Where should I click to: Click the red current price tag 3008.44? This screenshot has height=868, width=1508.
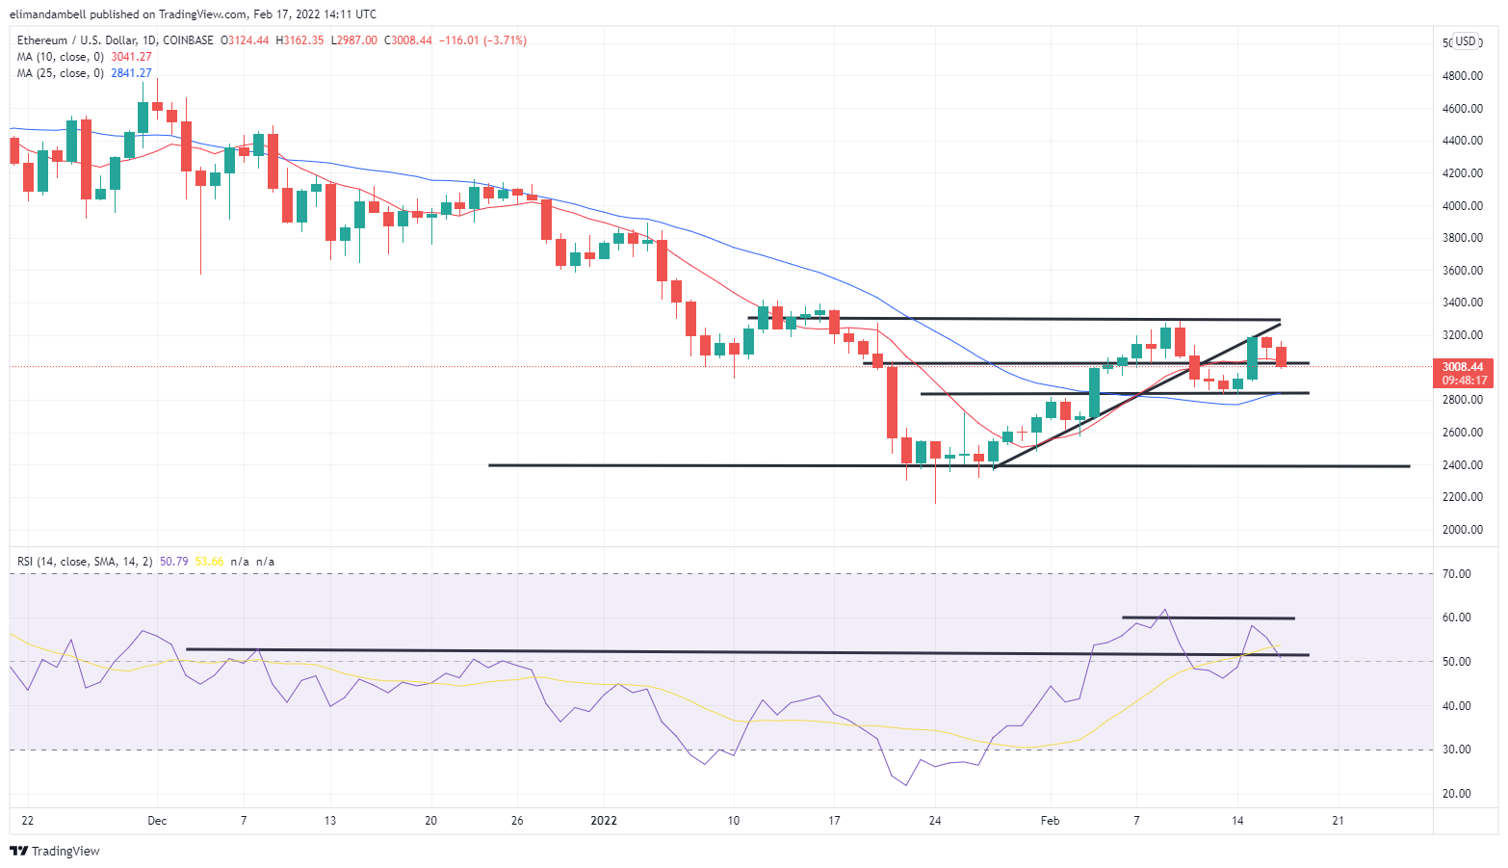click(x=1462, y=367)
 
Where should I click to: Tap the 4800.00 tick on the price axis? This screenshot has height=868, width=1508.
click(x=1462, y=76)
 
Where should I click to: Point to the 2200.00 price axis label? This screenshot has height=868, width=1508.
click(x=1462, y=497)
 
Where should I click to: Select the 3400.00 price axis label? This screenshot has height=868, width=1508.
click(x=1462, y=302)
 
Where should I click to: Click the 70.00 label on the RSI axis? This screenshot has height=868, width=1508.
click(x=1457, y=574)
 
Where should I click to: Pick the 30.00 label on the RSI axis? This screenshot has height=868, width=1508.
click(x=1457, y=750)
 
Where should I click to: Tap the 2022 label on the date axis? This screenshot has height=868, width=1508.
click(x=604, y=821)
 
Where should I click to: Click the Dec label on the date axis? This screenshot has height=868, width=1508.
click(x=157, y=821)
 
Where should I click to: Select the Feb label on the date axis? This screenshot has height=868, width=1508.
click(x=1050, y=821)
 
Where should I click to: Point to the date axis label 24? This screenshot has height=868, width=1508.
click(x=934, y=821)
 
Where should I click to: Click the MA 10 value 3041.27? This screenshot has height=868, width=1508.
click(x=131, y=57)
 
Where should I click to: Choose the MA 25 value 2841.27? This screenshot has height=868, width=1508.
click(x=131, y=73)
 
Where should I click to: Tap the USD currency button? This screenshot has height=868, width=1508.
click(x=1466, y=41)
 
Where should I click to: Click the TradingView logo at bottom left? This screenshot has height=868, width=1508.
click(x=55, y=851)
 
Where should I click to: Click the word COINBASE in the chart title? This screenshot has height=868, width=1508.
click(x=188, y=40)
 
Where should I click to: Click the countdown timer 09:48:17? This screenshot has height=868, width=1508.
click(x=1463, y=381)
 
